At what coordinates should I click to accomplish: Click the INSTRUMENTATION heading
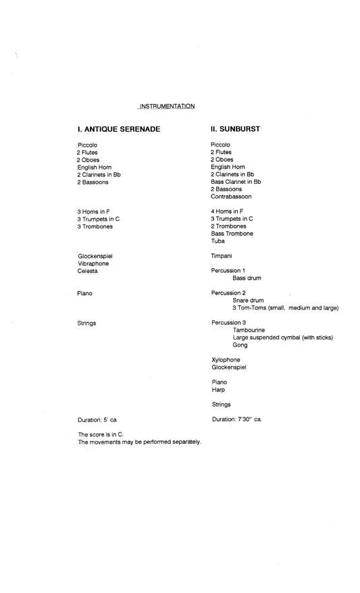click(x=166, y=106)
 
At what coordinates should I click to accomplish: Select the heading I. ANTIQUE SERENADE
click(x=119, y=128)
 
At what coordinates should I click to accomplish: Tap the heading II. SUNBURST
click(x=235, y=128)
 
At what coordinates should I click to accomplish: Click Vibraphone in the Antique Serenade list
click(x=93, y=263)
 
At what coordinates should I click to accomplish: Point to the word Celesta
click(x=88, y=271)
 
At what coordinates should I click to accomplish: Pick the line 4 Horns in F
click(x=227, y=211)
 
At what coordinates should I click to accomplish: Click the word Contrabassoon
click(x=231, y=197)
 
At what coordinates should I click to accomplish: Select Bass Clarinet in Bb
click(x=236, y=182)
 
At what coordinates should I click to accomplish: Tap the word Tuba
click(x=217, y=241)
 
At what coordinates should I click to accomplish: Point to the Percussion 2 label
click(x=228, y=292)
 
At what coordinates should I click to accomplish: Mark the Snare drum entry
click(x=248, y=300)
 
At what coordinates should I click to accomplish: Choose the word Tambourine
click(x=249, y=330)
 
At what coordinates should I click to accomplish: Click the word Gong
click(x=240, y=344)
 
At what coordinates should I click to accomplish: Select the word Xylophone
click(x=225, y=359)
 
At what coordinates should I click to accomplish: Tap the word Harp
click(x=217, y=389)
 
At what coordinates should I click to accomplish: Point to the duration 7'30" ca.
click(x=236, y=419)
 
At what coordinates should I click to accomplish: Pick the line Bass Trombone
click(x=232, y=234)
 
